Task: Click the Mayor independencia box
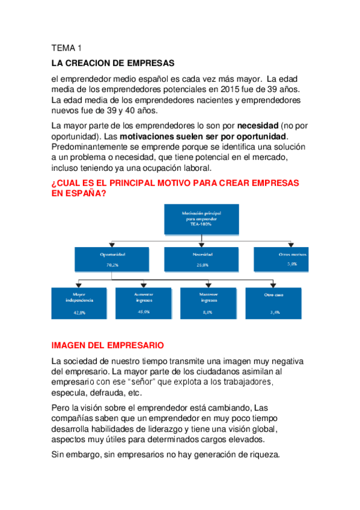point(80,302)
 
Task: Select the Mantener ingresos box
point(208,302)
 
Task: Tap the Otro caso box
point(273,302)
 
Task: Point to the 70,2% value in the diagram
point(112,264)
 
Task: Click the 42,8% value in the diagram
point(80,313)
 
